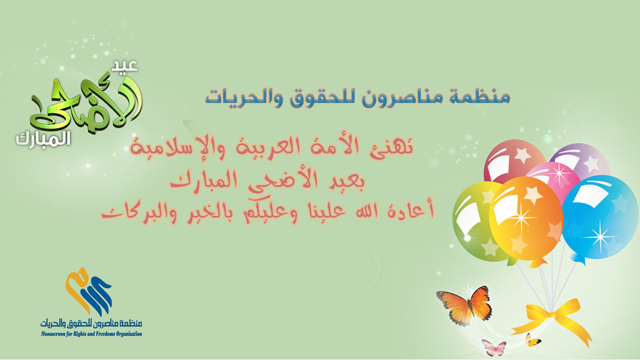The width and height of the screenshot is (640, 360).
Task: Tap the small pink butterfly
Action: pos(493,347)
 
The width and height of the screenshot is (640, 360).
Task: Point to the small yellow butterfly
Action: pos(532,340)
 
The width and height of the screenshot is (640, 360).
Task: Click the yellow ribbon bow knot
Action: pos(551,315)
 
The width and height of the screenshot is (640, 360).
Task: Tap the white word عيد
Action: pos(125,66)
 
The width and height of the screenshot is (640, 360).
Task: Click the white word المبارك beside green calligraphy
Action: pos(43,140)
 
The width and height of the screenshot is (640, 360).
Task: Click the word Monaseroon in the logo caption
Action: pos(53,334)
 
